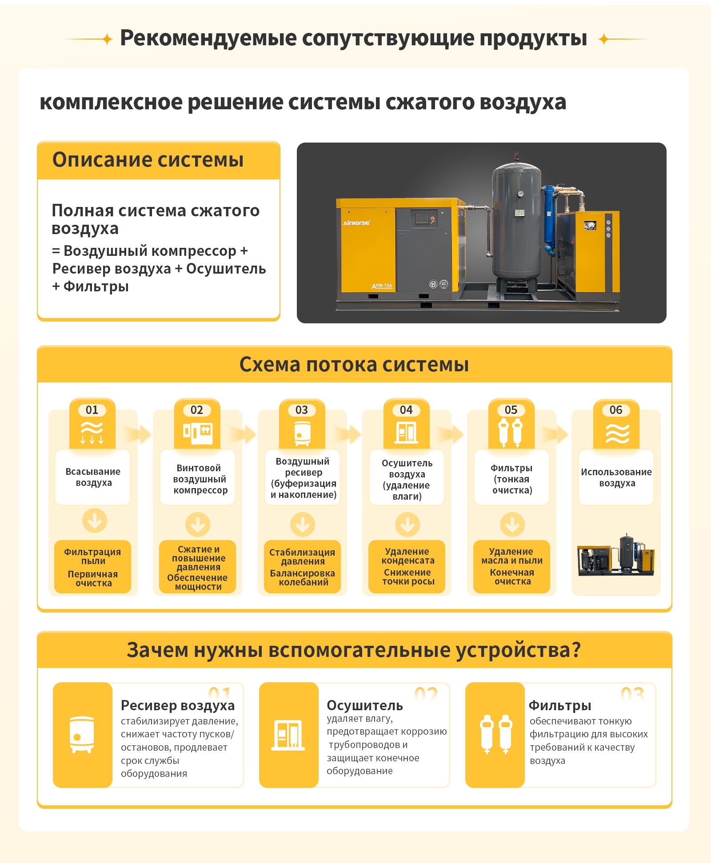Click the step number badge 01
(92, 410)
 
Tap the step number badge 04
(406, 410)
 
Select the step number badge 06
(616, 410)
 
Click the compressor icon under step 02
(198, 433)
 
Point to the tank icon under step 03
(302, 433)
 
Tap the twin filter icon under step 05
(511, 433)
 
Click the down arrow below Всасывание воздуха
(95, 521)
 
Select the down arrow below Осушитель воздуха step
(407, 525)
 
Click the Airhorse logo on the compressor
(356, 223)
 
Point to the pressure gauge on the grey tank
(520, 194)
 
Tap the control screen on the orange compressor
(421, 219)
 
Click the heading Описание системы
(148, 160)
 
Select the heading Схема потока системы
(354, 365)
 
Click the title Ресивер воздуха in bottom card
(178, 705)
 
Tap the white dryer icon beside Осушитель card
(288, 736)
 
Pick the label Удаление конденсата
(407, 556)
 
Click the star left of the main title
(107, 39)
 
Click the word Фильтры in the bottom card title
(560, 705)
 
